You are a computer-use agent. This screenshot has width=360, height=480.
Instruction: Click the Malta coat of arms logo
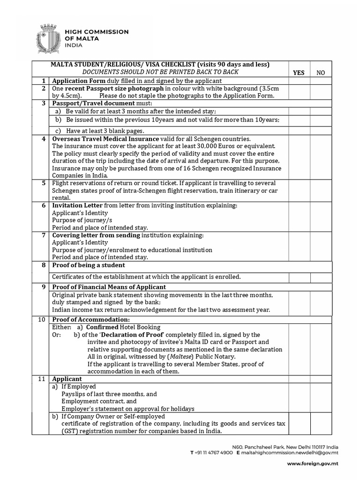point(47,37)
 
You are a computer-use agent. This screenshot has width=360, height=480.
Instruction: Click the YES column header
point(299,72)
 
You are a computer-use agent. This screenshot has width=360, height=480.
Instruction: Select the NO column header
point(321,72)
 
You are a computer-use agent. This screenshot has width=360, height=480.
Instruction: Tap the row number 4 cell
point(43,139)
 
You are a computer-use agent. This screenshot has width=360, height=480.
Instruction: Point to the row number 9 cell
point(43,287)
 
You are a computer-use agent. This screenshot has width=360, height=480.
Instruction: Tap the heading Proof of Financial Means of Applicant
point(109,287)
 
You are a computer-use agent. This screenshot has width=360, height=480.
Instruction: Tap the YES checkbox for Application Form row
point(299,81)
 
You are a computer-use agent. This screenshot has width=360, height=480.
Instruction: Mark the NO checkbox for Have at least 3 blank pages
point(321,130)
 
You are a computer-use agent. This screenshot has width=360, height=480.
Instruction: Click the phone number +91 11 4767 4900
point(211,453)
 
